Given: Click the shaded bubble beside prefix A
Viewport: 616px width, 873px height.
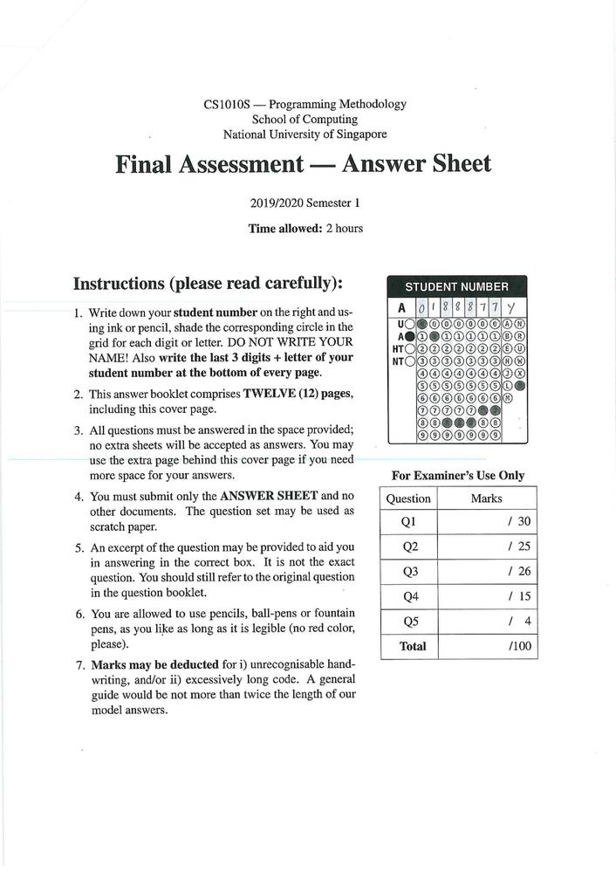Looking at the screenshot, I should pyautogui.click(x=410, y=335).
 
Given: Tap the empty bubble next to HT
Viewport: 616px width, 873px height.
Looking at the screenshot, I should pyautogui.click(x=410, y=347).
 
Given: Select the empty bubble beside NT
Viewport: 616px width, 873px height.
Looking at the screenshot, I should pyautogui.click(x=410, y=361).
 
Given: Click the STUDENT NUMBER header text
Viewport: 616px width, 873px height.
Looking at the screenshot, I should pyautogui.click(x=456, y=286).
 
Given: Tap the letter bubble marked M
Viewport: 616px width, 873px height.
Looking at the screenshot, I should pyautogui.click(x=508, y=397).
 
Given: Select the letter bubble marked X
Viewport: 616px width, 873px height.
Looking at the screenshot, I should pyautogui.click(x=520, y=373).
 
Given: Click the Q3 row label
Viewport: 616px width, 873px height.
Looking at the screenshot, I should pyautogui.click(x=409, y=572).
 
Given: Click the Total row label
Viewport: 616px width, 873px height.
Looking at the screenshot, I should pyautogui.click(x=412, y=646).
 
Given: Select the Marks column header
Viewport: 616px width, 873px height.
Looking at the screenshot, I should pyautogui.click(x=486, y=498).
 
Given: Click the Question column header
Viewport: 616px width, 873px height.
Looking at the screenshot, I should pyautogui.click(x=409, y=498).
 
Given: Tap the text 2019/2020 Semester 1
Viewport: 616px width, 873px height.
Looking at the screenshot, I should pyautogui.click(x=305, y=203).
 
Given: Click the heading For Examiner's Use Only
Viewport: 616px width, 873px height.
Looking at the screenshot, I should pyautogui.click(x=458, y=475).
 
